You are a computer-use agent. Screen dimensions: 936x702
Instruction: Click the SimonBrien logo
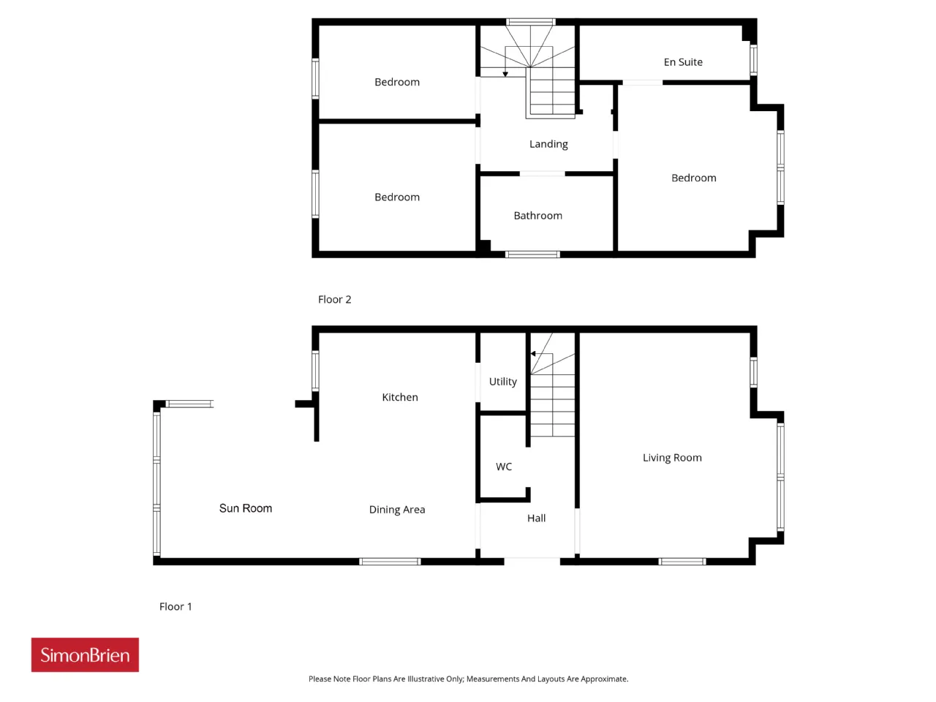[85, 654]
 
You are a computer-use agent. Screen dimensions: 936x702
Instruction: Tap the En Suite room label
[683, 62]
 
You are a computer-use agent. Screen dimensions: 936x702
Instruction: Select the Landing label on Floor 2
[548, 144]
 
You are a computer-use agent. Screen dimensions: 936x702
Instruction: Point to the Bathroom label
[537, 216]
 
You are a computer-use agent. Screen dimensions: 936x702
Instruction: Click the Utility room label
[503, 382]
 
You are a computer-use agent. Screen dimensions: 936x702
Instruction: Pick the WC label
[504, 467]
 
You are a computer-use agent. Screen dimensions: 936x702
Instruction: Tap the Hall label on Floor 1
[536, 518]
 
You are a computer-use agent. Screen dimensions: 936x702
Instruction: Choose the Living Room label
[672, 458]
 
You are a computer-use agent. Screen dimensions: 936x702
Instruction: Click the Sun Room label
[246, 508]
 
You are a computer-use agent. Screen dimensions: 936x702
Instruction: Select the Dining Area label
[397, 510]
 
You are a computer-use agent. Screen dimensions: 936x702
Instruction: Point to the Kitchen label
[400, 397]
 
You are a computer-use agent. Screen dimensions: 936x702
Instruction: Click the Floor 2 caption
[335, 300]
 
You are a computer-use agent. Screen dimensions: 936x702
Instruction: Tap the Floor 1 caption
[175, 606]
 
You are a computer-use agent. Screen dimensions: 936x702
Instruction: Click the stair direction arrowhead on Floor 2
[505, 74]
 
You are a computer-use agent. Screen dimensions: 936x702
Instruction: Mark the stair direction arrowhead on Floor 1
[533, 354]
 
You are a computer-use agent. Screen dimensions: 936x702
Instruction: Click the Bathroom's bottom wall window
[532, 254]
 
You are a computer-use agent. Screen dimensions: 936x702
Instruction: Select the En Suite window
[753, 60]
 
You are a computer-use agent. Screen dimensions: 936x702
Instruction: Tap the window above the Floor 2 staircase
[530, 22]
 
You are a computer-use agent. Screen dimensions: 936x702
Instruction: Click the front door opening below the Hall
[532, 562]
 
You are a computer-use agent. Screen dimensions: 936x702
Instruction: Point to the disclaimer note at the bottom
[468, 679]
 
